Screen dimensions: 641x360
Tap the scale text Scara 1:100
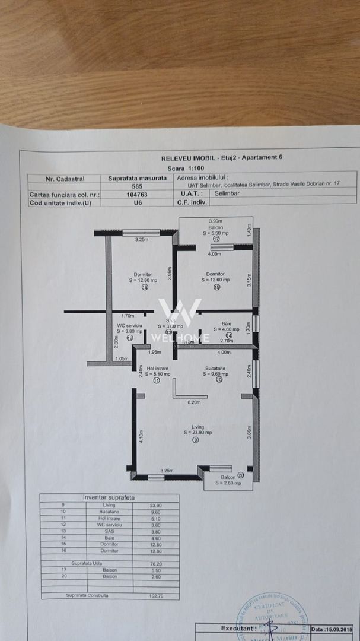point(184,168)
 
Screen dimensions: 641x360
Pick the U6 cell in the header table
point(138,202)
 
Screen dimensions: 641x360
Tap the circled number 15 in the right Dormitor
point(216,287)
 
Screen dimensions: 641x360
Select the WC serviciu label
point(130,326)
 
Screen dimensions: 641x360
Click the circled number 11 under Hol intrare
point(157,381)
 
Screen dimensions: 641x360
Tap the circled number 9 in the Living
point(196,440)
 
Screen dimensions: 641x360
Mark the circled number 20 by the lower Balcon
point(240,475)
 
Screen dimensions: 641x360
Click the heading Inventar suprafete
point(109,498)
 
